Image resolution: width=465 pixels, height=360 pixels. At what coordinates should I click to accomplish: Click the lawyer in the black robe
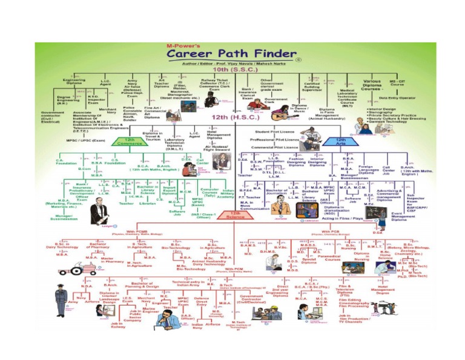point(99,212)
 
